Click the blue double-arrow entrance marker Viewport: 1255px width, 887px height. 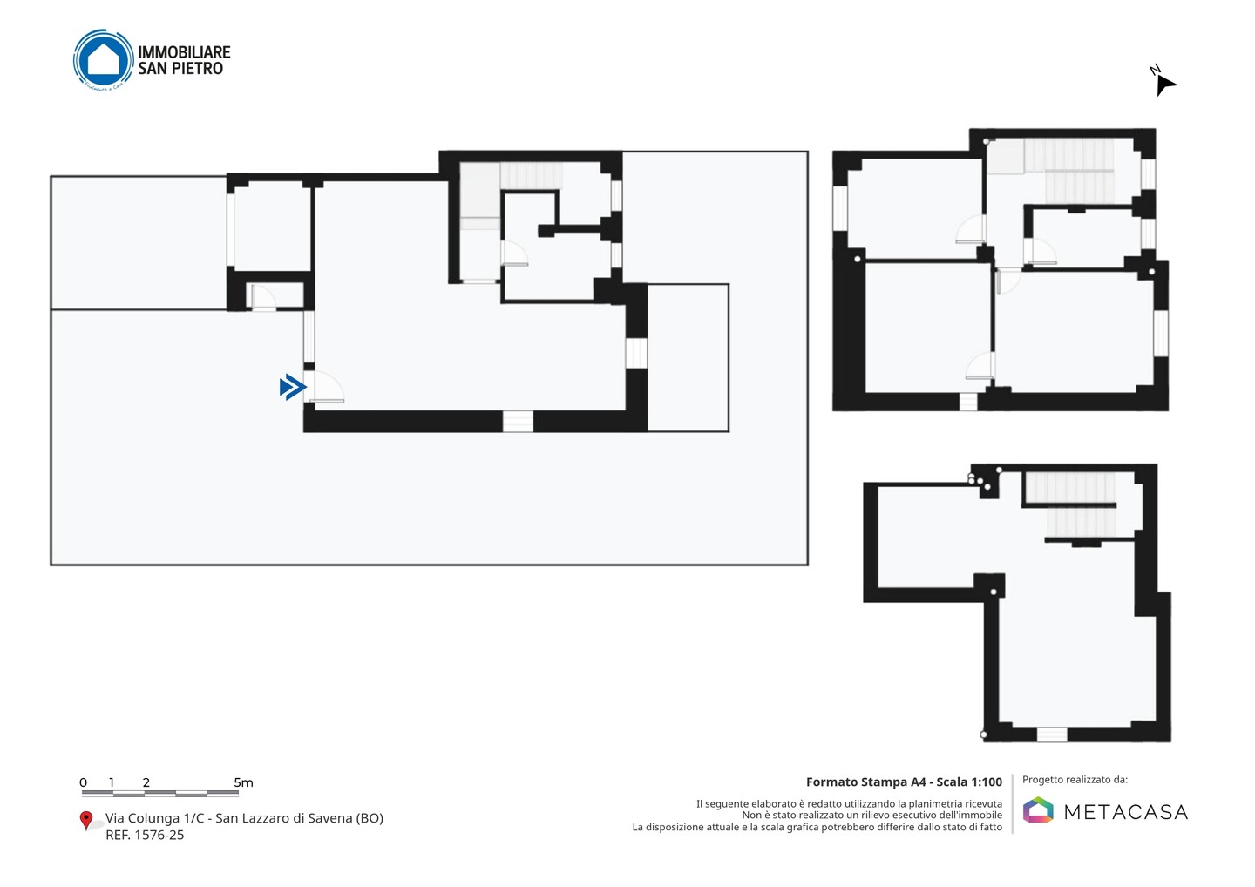tap(293, 387)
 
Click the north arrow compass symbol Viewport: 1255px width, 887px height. tap(1164, 82)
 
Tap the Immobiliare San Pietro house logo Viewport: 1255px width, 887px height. tap(104, 60)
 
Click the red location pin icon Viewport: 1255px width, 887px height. tap(85, 821)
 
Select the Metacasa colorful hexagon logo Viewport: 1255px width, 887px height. tap(1038, 809)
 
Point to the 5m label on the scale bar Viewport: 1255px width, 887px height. tap(243, 782)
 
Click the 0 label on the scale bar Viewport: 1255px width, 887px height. tap(84, 782)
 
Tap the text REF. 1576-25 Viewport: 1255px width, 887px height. tap(145, 835)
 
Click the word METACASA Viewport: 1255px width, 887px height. tap(1126, 812)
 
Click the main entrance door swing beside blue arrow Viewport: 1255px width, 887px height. tap(326, 386)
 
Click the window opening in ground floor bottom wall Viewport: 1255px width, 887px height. tap(518, 421)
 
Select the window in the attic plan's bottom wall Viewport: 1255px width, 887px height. tap(1052, 735)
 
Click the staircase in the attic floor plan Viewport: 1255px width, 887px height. tap(1070, 504)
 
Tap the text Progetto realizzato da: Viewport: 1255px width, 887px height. tap(1075, 780)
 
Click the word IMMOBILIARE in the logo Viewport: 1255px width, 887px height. tap(185, 52)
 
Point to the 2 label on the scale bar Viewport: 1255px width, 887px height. tap(146, 782)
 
